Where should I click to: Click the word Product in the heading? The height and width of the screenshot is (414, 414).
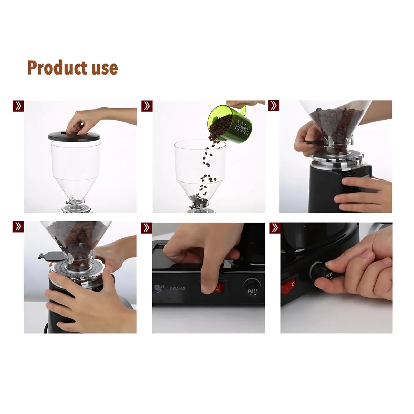(x=57, y=68)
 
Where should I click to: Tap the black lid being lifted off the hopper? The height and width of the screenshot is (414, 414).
(x=75, y=136)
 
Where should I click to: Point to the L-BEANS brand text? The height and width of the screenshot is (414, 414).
(x=175, y=288)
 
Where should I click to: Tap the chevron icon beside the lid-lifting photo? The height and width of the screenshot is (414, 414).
(x=18, y=106)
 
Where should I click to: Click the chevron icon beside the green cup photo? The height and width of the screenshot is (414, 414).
(x=147, y=106)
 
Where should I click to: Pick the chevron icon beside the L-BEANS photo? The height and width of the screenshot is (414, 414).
(x=147, y=227)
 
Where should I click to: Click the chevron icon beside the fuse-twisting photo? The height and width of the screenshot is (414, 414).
(x=275, y=228)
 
